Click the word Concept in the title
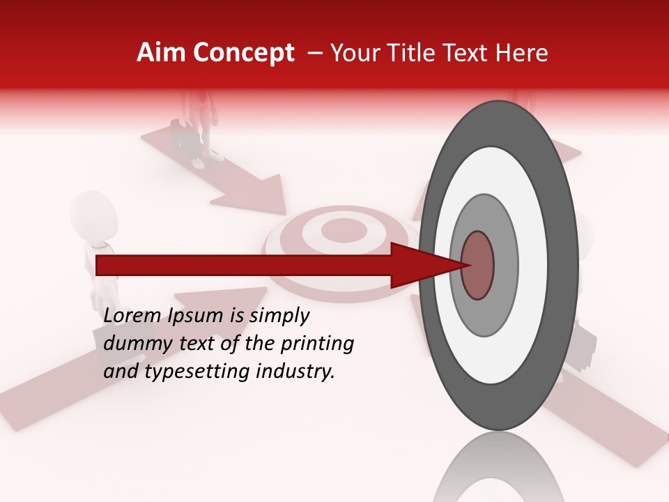pyautogui.click(x=242, y=53)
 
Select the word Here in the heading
pyautogui.click(x=522, y=53)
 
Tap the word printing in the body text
pyautogui.click(x=316, y=344)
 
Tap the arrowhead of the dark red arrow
pyautogui.click(x=425, y=265)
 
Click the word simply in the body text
pyautogui.click(x=279, y=316)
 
